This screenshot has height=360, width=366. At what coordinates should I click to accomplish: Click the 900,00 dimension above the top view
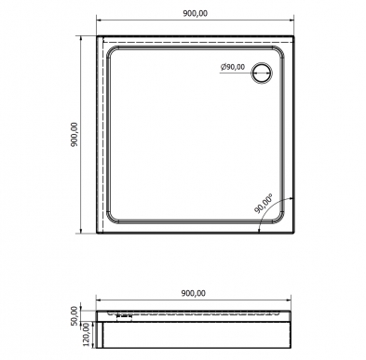tap(195, 13)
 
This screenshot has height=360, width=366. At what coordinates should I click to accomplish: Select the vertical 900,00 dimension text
tap(75, 135)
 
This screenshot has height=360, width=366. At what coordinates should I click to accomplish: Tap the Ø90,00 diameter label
tap(233, 67)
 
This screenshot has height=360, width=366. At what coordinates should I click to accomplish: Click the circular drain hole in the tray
tap(263, 73)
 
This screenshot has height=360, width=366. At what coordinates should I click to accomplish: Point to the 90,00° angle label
tap(264, 205)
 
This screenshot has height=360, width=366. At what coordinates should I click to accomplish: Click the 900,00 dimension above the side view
tap(193, 293)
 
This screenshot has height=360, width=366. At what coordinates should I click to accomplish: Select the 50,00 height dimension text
tap(75, 315)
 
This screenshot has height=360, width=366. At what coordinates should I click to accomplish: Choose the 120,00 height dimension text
tap(87, 334)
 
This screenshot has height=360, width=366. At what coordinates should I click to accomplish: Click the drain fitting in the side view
tap(124, 316)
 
